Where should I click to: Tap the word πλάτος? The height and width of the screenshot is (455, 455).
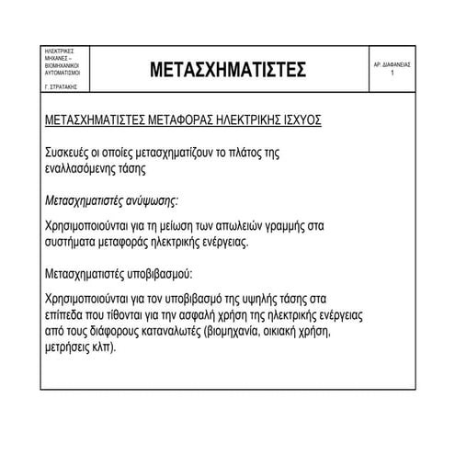(x=253, y=153)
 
